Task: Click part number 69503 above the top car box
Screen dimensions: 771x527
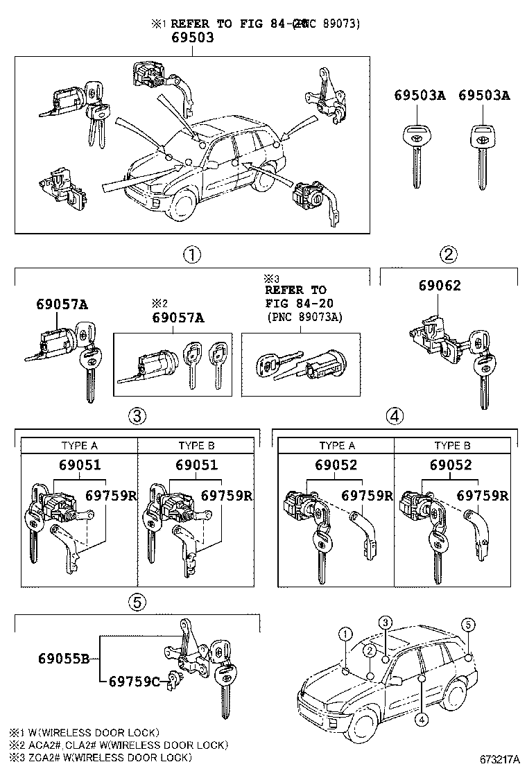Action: [192, 38]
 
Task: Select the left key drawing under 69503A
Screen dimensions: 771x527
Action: [415, 156]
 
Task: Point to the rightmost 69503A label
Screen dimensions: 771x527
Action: [483, 96]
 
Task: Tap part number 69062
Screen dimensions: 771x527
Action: [439, 286]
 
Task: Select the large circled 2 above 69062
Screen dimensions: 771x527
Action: [449, 255]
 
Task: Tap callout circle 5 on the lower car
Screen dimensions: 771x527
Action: [469, 625]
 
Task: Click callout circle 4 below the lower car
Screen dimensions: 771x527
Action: [421, 719]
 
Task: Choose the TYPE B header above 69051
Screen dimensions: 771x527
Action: [196, 445]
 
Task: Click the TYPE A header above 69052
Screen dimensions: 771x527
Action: [336, 445]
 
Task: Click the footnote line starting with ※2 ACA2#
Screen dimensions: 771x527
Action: [119, 745]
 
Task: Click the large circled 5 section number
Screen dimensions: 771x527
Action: [137, 603]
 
